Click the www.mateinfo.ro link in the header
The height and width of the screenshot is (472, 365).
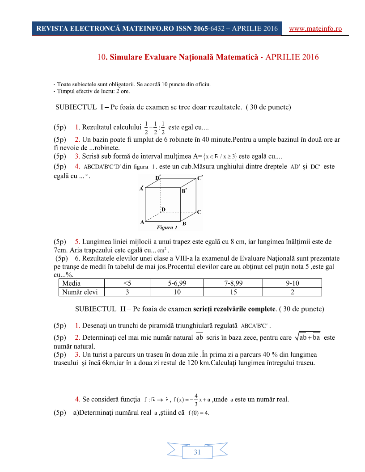click(x=315, y=29)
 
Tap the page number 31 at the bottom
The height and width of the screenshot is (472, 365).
click(x=197, y=452)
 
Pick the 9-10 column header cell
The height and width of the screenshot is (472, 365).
click(x=292, y=283)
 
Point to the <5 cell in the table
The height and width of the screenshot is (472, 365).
click(x=127, y=283)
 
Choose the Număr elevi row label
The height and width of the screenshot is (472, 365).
click(x=81, y=292)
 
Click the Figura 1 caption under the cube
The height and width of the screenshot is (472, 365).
click(x=167, y=228)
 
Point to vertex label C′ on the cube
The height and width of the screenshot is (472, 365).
click(x=200, y=178)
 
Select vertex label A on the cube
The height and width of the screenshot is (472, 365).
click(x=142, y=222)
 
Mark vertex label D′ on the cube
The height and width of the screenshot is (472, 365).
click(x=158, y=178)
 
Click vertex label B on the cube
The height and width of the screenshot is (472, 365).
click(x=184, y=223)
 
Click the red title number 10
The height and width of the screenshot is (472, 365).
click(x=101, y=57)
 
